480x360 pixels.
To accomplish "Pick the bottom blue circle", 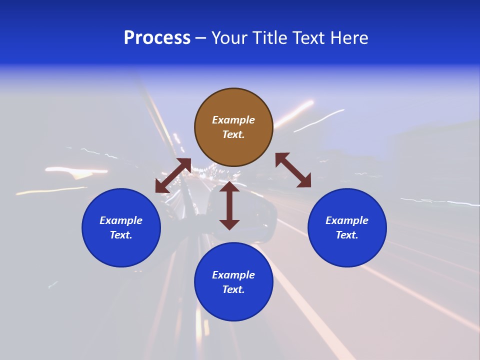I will pos(233,305).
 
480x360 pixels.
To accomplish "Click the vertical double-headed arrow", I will pos(229,206).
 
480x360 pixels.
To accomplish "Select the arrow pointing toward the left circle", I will pos(173,175).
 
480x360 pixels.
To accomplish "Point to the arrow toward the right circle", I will pos(293,170).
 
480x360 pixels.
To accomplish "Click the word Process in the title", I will pos(157,38).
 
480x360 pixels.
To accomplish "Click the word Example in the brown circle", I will pos(233,120).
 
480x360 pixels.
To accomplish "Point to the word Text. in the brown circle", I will pos(233,134).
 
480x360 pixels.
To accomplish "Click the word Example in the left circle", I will pos(121,220).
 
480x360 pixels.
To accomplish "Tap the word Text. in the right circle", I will pos(347,235).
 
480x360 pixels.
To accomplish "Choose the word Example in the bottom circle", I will pos(233,275).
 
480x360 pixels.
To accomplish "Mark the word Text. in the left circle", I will pos(121,235).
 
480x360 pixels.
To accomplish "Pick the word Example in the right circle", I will pos(347,220).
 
